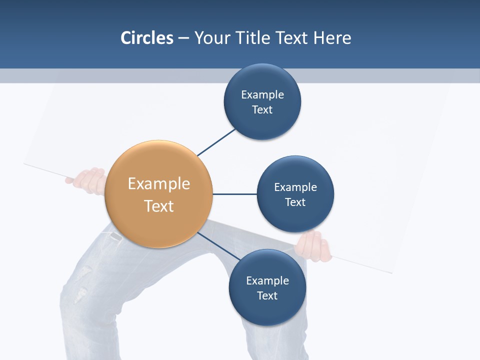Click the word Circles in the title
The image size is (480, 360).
(147, 37)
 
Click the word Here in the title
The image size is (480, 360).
(332, 37)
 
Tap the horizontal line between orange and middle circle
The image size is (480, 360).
(235, 194)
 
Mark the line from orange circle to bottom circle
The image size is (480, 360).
(218, 246)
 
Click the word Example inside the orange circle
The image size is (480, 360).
(159, 184)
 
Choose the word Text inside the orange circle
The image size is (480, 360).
(159, 206)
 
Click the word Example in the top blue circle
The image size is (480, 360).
(262, 94)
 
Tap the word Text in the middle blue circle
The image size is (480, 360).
(295, 202)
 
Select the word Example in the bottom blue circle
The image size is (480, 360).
(267, 280)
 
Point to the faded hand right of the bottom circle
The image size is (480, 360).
(314, 246)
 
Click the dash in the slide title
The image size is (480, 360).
(183, 37)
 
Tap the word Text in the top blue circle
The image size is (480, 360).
(262, 110)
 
